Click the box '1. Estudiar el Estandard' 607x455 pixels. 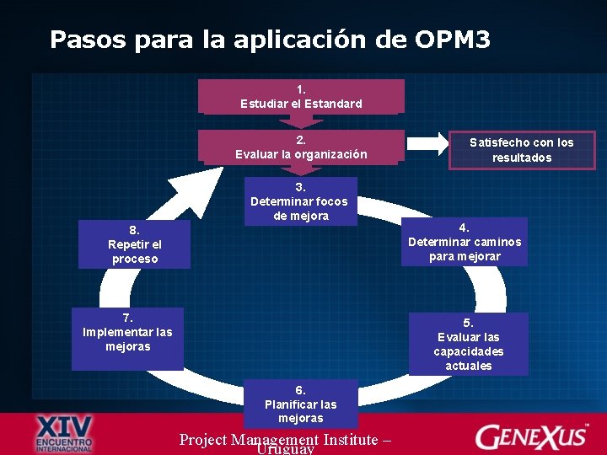tap(301, 96)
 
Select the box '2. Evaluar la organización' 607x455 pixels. tap(301, 147)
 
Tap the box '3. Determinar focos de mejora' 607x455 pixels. tap(299, 201)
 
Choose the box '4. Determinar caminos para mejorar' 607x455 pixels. tap(465, 242)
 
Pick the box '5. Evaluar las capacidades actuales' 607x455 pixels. tap(468, 344)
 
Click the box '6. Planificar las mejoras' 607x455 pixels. tap(300, 404)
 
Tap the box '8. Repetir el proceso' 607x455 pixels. tap(134, 244)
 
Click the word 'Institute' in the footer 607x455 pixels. tap(354, 438)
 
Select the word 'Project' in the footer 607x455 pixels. tap(202, 438)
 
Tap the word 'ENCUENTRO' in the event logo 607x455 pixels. tap(65, 441)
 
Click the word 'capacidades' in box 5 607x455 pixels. tap(468, 351)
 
